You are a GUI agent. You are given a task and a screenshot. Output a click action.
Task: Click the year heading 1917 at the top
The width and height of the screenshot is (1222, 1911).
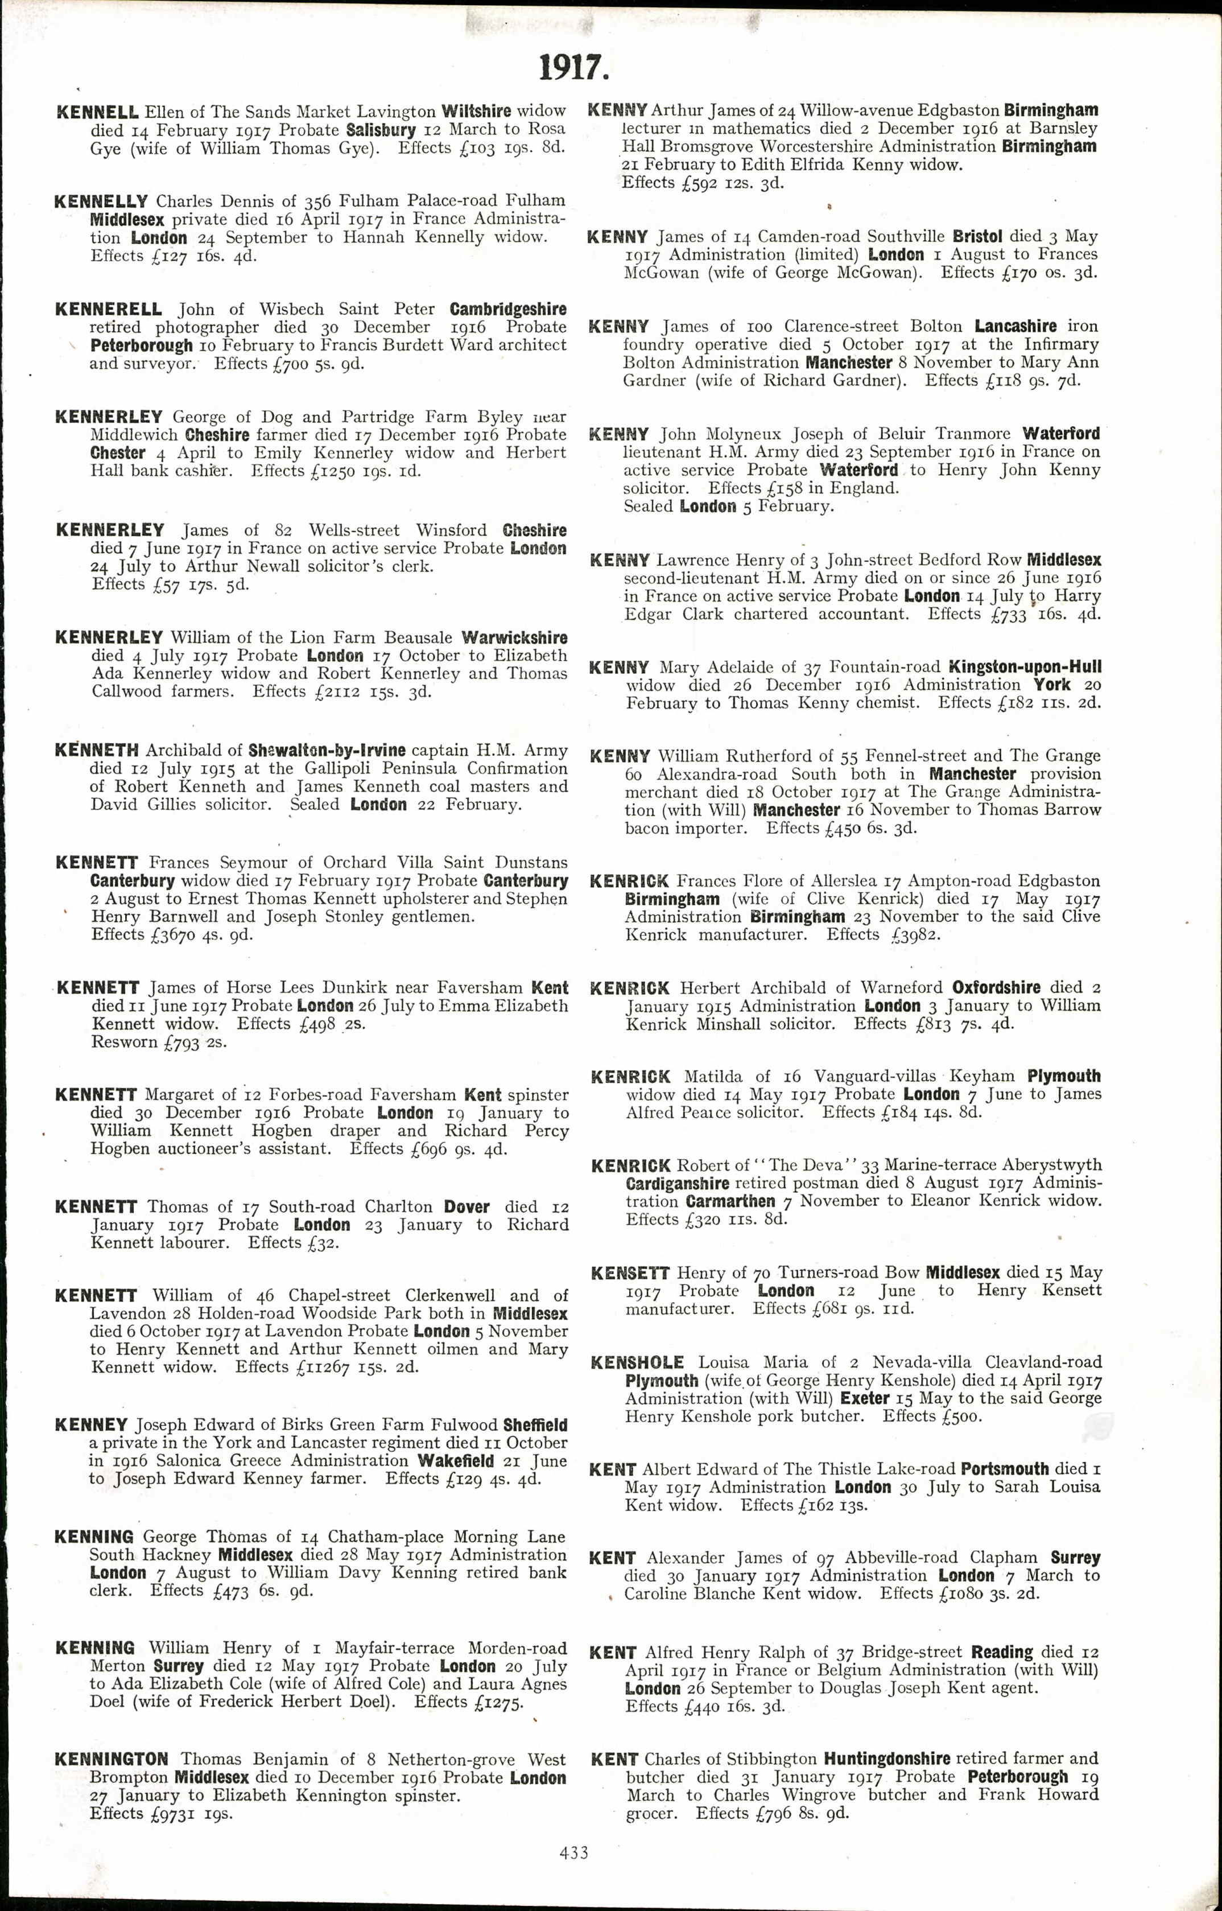pos(573,68)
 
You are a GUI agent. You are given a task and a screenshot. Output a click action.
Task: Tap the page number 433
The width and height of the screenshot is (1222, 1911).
pos(573,1852)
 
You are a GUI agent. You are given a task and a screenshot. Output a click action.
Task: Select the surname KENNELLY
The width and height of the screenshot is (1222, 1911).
pos(101,201)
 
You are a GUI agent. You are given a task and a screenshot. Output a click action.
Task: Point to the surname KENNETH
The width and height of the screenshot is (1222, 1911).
pos(96,750)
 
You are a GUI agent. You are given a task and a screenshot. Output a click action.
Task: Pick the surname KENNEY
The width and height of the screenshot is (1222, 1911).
pos(91,1424)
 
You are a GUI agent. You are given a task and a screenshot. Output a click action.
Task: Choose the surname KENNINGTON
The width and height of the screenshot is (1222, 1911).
pos(111,1760)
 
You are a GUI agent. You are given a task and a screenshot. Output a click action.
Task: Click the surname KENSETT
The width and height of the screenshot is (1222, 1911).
pos(630,1273)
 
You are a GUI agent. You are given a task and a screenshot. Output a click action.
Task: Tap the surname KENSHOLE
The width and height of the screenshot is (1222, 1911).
pos(637,1362)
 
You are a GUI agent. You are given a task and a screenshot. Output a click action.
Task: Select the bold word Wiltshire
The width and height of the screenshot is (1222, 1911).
pos(476,111)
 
